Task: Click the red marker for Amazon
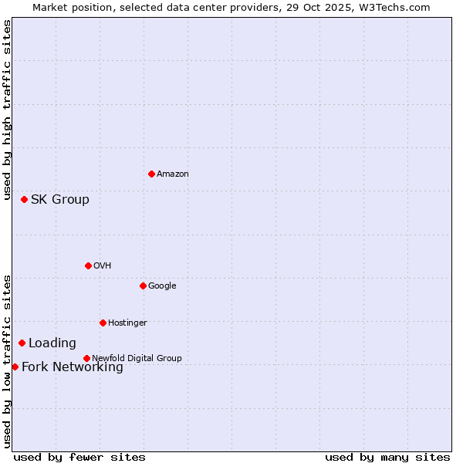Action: (x=151, y=174)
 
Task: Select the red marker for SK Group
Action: (x=24, y=199)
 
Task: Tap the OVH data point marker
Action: (x=88, y=265)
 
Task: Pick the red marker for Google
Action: (x=143, y=286)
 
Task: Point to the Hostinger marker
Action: (x=103, y=323)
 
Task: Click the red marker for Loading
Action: (x=22, y=343)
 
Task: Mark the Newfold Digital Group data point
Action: (x=86, y=358)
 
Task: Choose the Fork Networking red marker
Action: (x=15, y=367)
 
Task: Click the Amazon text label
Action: (x=173, y=174)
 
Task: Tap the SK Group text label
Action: (x=60, y=200)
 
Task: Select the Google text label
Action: (x=162, y=286)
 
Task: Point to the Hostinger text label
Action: (x=127, y=323)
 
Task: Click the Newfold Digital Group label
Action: (x=137, y=359)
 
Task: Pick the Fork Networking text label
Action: (x=73, y=367)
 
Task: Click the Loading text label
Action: (x=52, y=343)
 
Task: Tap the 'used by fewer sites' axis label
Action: (x=79, y=457)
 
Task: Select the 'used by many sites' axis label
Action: (x=387, y=457)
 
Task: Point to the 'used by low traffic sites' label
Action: (x=7, y=361)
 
